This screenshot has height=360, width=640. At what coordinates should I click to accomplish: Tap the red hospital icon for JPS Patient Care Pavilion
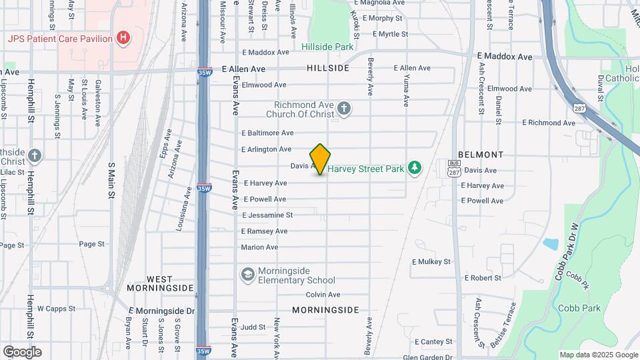[123, 38]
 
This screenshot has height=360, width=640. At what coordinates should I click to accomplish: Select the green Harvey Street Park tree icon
[415, 167]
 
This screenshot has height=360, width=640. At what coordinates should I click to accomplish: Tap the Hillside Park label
[327, 47]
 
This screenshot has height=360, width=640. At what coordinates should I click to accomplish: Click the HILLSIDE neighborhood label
[328, 69]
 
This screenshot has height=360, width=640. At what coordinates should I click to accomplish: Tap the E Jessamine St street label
[267, 215]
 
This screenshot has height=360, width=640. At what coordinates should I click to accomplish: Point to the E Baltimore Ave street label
[267, 133]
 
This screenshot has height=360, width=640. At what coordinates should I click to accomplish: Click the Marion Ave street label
[259, 247]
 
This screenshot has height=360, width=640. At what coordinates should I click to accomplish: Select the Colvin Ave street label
[323, 295]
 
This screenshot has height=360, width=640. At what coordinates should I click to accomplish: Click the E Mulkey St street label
[431, 262]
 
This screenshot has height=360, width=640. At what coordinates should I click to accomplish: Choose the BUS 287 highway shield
[454, 167]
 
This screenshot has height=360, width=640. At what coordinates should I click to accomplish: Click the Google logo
[22, 352]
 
